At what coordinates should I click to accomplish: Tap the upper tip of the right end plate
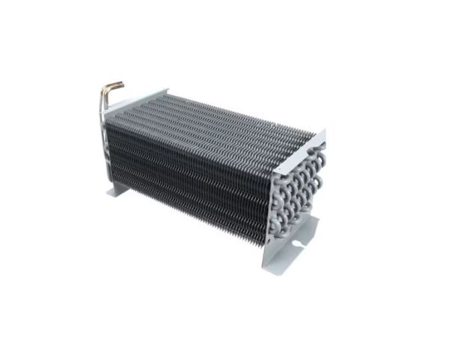(324, 133)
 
